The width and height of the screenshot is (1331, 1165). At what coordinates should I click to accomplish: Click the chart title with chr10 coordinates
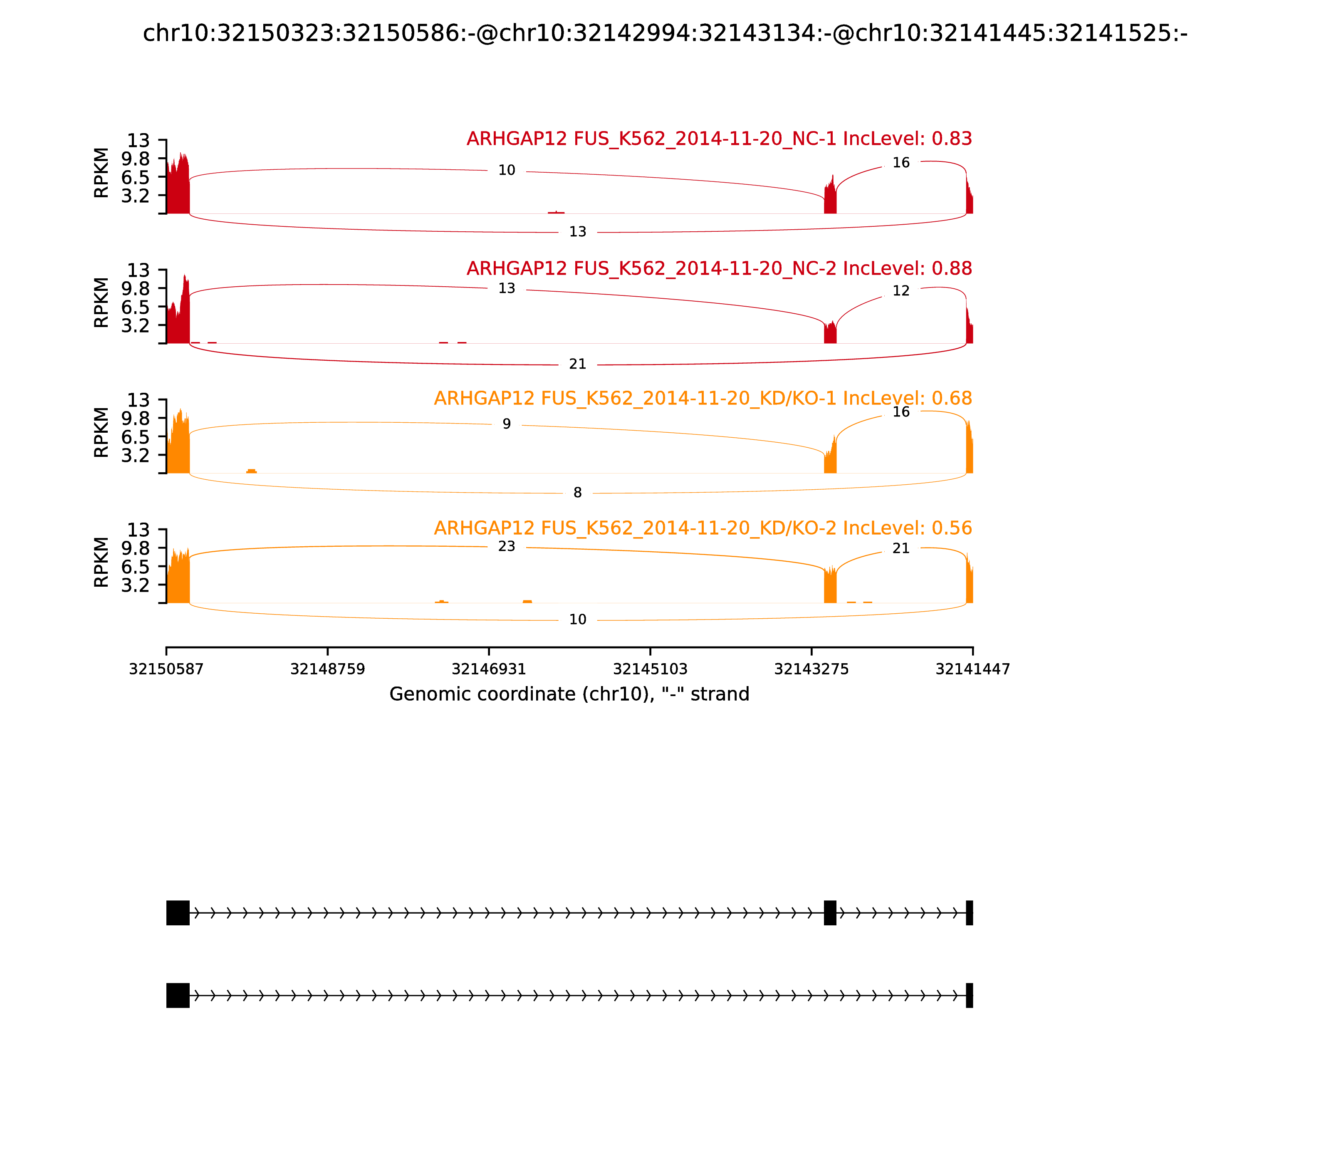pyautogui.click(x=665, y=33)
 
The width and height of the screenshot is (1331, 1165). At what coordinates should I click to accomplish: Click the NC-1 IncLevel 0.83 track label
pyautogui.click(x=719, y=139)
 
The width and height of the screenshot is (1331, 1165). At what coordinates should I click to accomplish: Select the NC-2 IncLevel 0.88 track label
pyautogui.click(x=719, y=268)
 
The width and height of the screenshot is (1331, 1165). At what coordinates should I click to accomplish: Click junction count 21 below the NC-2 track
pyautogui.click(x=577, y=364)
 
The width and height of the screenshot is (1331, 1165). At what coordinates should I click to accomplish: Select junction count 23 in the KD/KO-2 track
pyautogui.click(x=506, y=546)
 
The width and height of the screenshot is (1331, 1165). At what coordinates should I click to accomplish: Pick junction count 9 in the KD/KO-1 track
pyautogui.click(x=506, y=424)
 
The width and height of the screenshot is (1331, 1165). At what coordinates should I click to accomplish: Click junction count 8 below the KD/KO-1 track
pyautogui.click(x=577, y=493)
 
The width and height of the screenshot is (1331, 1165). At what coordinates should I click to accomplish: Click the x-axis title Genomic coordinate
pyautogui.click(x=569, y=694)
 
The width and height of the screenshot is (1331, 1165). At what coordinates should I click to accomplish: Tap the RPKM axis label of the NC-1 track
pyautogui.click(x=101, y=173)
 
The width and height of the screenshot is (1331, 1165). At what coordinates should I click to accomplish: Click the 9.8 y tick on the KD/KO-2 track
pyautogui.click(x=135, y=548)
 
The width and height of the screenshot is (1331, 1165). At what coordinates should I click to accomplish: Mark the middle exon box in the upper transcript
pyautogui.click(x=830, y=913)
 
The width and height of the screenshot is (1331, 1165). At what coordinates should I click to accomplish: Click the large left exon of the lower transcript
pyautogui.click(x=178, y=995)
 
